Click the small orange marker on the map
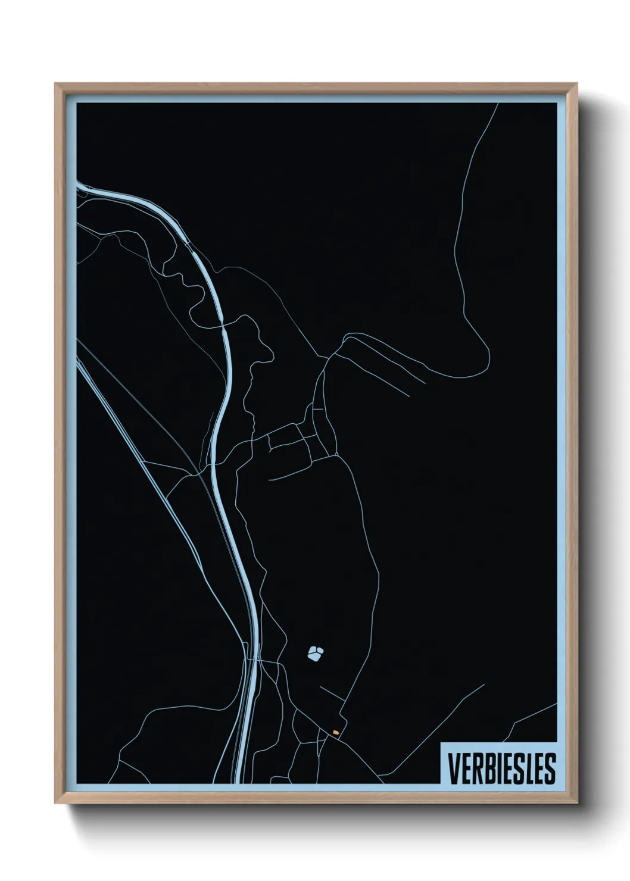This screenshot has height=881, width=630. point(336,732)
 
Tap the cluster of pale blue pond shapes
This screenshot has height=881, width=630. point(314,654)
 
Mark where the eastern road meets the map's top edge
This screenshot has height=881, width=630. point(497,104)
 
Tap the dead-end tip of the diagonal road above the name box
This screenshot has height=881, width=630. point(484,685)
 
